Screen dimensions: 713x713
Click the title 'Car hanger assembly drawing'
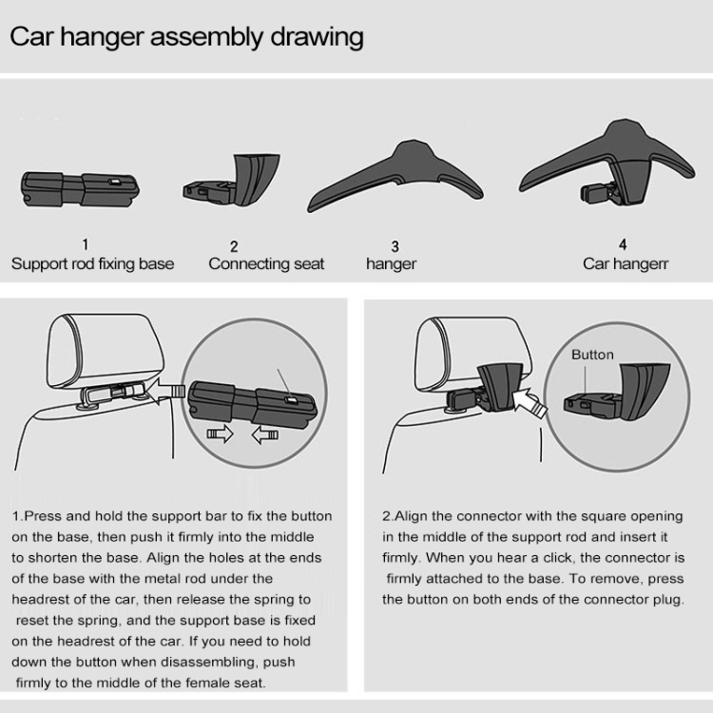coord(186,37)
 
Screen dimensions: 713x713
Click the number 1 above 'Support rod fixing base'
coord(85,244)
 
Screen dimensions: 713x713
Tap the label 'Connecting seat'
coord(266,263)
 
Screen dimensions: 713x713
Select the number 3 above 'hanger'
coord(395,246)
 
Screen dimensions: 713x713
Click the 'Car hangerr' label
coord(626,263)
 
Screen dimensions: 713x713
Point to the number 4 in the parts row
coord(623,244)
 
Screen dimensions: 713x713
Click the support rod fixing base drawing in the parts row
coord(80,189)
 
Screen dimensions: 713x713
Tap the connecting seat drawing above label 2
coord(231,180)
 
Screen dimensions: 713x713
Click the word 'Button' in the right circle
coord(592,355)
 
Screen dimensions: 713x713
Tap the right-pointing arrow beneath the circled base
coord(221,434)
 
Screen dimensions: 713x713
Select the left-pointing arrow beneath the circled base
coord(265,434)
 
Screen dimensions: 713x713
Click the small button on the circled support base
coord(291,400)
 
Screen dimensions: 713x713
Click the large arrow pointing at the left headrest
coord(166,391)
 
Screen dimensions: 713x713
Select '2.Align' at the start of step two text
coord(405,517)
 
